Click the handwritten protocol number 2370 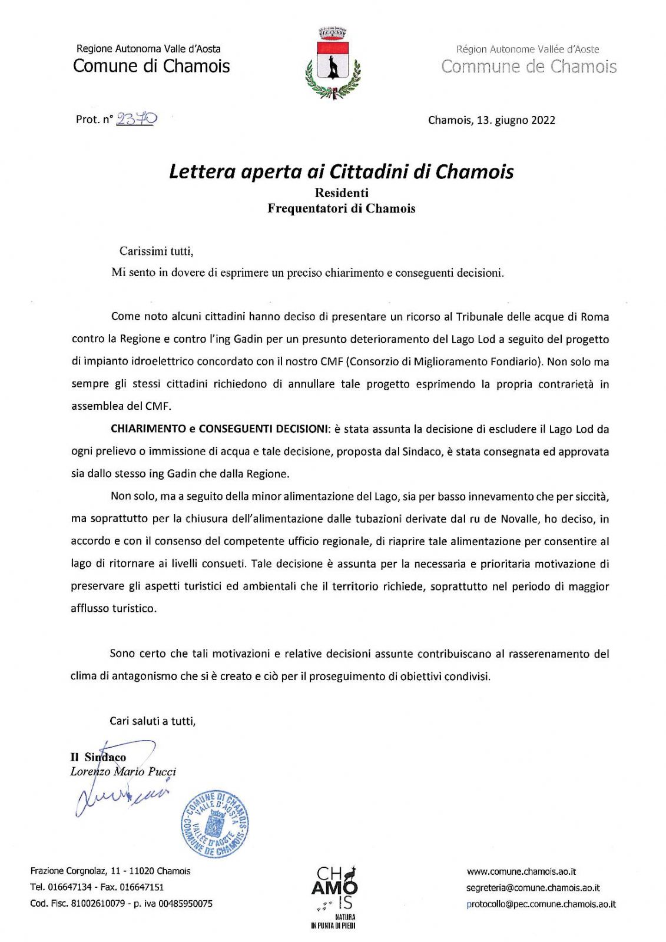(136, 119)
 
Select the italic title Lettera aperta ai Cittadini (341, 171)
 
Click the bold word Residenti (342, 193)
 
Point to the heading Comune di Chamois (151, 66)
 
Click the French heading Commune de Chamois (528, 67)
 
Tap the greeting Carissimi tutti (156, 251)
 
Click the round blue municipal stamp (214, 823)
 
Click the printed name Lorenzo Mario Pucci (123, 771)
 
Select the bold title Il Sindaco (98, 757)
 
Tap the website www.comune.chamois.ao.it (521, 871)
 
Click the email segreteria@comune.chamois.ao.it (533, 888)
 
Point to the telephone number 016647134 (69, 887)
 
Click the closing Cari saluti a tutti (153, 721)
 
